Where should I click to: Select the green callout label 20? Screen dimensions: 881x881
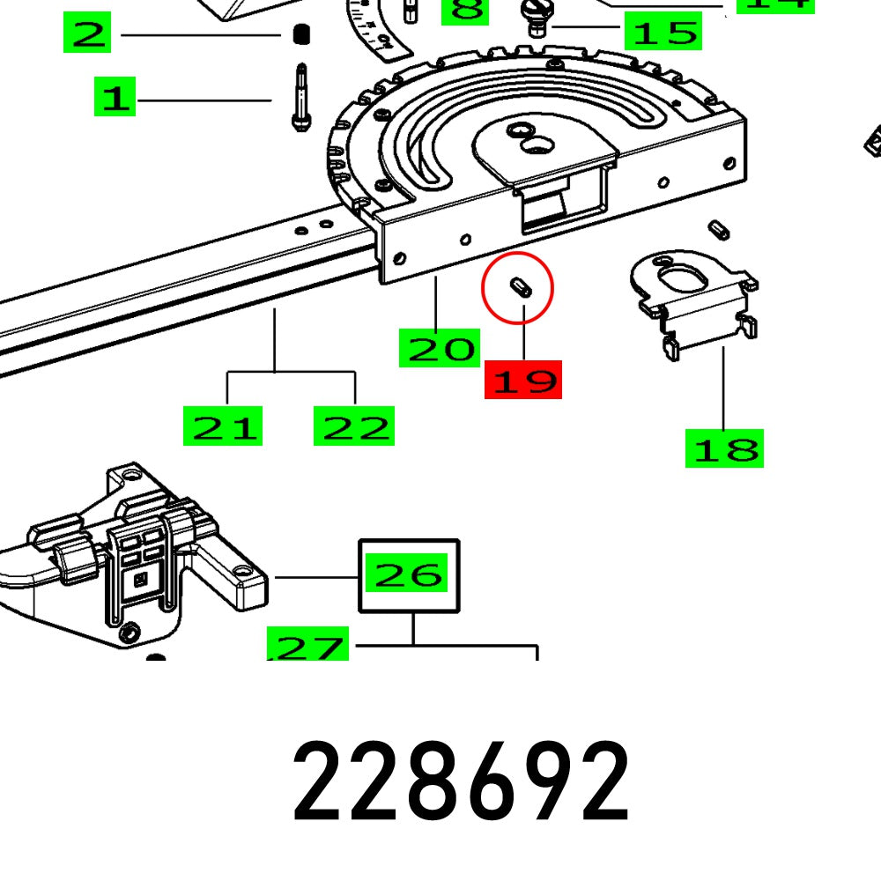pyautogui.click(x=439, y=348)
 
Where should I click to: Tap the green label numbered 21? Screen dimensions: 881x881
pyautogui.click(x=223, y=426)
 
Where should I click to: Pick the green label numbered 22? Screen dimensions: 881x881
pyautogui.click(x=354, y=426)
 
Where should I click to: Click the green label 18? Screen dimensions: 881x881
pyautogui.click(x=724, y=448)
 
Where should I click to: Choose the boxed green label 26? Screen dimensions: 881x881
pyautogui.click(x=408, y=575)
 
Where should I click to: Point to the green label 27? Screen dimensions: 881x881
pyautogui.click(x=308, y=648)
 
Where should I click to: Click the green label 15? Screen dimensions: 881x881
pyautogui.click(x=663, y=33)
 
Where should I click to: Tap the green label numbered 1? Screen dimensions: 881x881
pyautogui.click(x=115, y=97)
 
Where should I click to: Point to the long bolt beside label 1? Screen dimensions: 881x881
pyautogui.click(x=300, y=97)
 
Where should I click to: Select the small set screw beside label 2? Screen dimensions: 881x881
pyautogui.click(x=300, y=35)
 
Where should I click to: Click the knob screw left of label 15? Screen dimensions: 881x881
pyautogui.click(x=537, y=17)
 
